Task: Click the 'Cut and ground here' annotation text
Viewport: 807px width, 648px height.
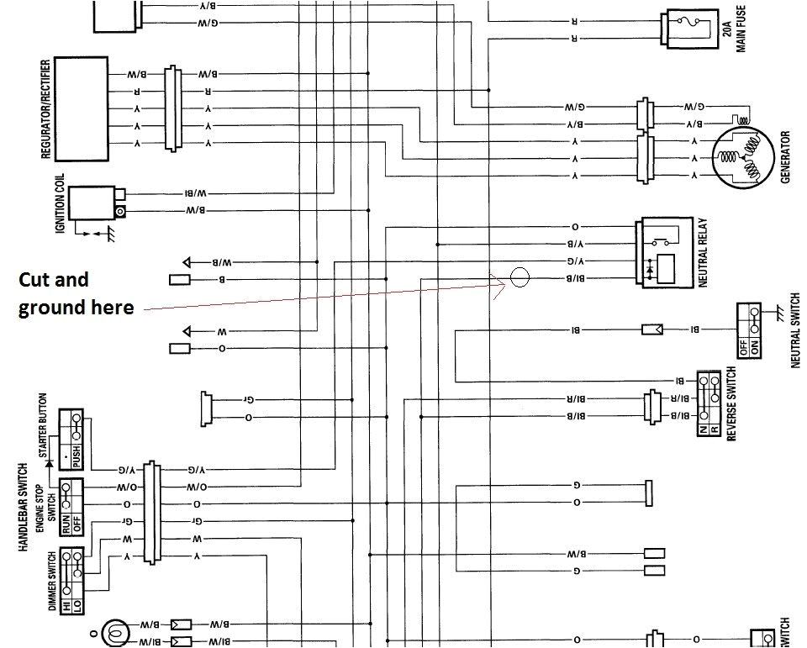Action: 76,293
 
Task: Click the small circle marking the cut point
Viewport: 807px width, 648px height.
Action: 520,277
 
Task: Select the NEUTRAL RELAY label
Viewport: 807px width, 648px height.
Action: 704,253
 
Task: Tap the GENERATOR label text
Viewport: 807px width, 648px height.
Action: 785,157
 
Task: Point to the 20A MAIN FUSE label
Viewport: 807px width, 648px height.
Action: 734,28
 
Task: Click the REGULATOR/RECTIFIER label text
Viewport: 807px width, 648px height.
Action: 46,109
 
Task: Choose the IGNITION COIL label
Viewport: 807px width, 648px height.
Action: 60,203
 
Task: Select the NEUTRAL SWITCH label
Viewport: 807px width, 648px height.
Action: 795,329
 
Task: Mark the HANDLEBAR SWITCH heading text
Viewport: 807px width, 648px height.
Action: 23,507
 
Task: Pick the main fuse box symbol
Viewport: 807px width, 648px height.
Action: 688,30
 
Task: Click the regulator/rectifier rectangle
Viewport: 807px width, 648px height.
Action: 81,108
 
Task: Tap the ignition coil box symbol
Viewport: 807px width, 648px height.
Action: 92,203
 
